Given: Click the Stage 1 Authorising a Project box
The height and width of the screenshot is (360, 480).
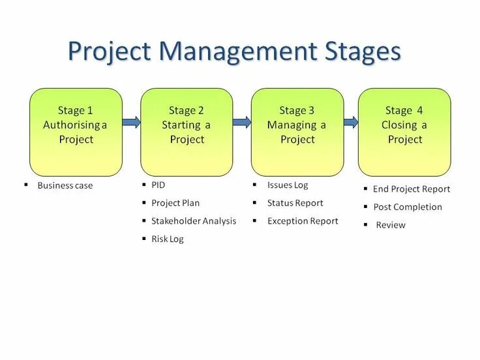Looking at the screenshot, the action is [x=76, y=132].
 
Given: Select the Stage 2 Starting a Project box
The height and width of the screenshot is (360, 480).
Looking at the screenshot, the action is [x=187, y=132].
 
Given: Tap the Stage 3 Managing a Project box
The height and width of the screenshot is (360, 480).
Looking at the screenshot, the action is [x=297, y=132].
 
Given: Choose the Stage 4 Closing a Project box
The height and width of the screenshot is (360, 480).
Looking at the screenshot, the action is [x=404, y=132].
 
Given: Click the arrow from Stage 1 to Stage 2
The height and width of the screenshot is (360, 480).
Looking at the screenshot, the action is [x=131, y=122].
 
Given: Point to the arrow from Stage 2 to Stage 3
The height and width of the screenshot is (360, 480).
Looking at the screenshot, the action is [x=242, y=122].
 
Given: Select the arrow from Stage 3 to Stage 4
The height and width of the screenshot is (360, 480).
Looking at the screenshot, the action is [x=351, y=122].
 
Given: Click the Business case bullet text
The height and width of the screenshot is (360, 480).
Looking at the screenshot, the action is [x=65, y=186].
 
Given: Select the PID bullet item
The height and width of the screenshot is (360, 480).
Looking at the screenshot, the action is [x=158, y=185].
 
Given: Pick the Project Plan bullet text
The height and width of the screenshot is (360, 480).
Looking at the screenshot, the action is [x=175, y=203].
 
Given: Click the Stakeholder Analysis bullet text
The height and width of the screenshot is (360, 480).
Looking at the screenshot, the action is [x=194, y=221].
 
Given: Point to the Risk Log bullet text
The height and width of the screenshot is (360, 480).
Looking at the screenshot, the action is [x=168, y=239].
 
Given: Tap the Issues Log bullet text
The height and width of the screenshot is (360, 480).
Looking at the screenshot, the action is [x=288, y=185].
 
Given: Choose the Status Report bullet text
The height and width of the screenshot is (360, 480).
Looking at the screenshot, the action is [x=295, y=203].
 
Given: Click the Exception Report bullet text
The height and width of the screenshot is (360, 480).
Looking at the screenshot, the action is [x=303, y=221].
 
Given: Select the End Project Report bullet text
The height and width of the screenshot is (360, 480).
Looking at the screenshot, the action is [x=412, y=189].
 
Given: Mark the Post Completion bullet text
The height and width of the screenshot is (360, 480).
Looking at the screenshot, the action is [x=408, y=207].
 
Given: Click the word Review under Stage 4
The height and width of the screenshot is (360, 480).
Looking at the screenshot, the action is [x=391, y=225].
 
